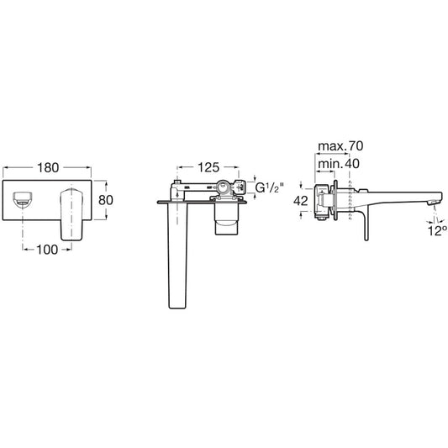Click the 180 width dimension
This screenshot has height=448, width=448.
tap(48, 167)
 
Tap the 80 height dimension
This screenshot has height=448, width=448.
tap(106, 200)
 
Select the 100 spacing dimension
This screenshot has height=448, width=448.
tap(47, 250)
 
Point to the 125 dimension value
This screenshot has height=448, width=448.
tap(208, 167)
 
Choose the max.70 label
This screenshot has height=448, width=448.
tap(340, 146)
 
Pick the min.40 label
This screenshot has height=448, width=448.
tap(339, 164)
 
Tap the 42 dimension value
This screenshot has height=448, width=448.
tap(301, 201)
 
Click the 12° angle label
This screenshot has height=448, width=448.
tap(437, 231)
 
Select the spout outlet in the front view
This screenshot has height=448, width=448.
tap(23, 199)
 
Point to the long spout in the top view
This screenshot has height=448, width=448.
tap(177, 256)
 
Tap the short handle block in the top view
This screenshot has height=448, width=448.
tap(227, 219)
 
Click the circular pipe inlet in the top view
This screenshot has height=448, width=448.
tap(222, 187)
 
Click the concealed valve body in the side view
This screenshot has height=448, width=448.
tap(324, 202)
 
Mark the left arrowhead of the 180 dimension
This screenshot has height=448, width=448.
tap(5, 167)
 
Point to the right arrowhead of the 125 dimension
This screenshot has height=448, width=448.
tap(236, 167)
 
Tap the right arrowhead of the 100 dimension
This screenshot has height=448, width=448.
tap(69, 250)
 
